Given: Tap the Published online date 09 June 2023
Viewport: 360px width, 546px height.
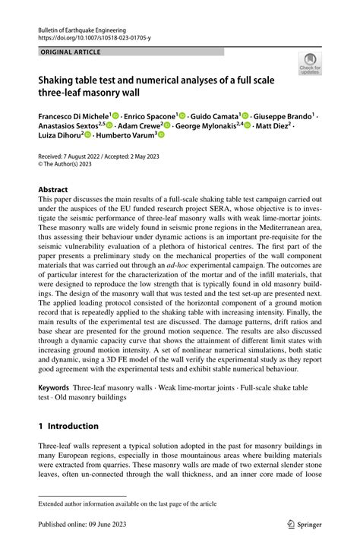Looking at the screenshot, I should pos(108,523).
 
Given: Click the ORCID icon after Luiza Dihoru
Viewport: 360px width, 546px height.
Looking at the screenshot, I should pos(88,134).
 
